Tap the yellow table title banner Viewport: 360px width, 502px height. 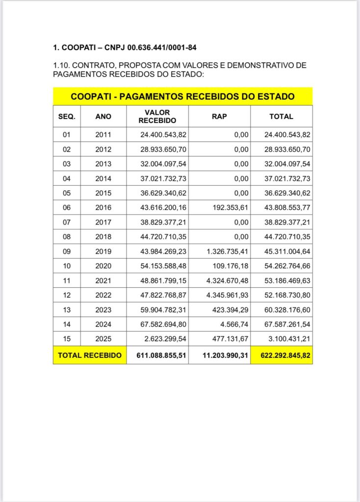pyautogui.click(x=182, y=97)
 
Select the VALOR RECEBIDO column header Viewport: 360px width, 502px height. pyautogui.click(x=157, y=117)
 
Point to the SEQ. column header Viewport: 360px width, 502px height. pyautogui.click(x=67, y=117)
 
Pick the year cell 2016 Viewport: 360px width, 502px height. pyautogui.click(x=103, y=207)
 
